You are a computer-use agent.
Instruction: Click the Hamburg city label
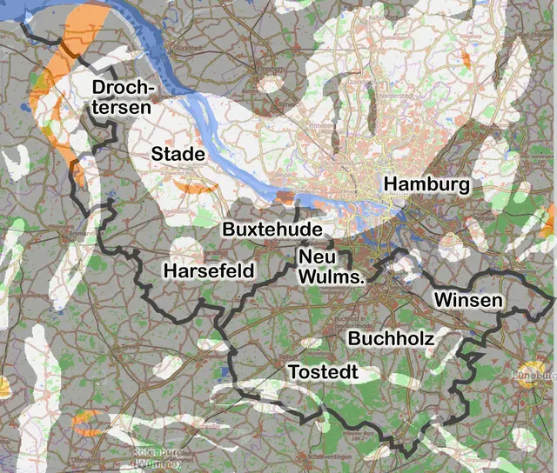426,184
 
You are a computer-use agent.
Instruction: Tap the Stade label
178,154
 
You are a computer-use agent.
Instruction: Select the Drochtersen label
123,97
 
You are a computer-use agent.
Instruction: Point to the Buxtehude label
272,230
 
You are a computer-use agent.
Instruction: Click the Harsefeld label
209,270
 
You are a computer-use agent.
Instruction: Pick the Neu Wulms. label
331,267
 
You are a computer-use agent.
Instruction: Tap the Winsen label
468,300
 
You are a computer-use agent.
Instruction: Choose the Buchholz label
391,337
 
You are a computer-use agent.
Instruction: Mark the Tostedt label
323,371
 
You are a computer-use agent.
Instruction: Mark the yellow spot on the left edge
3,383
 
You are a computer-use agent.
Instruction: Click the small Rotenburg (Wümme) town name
157,457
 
